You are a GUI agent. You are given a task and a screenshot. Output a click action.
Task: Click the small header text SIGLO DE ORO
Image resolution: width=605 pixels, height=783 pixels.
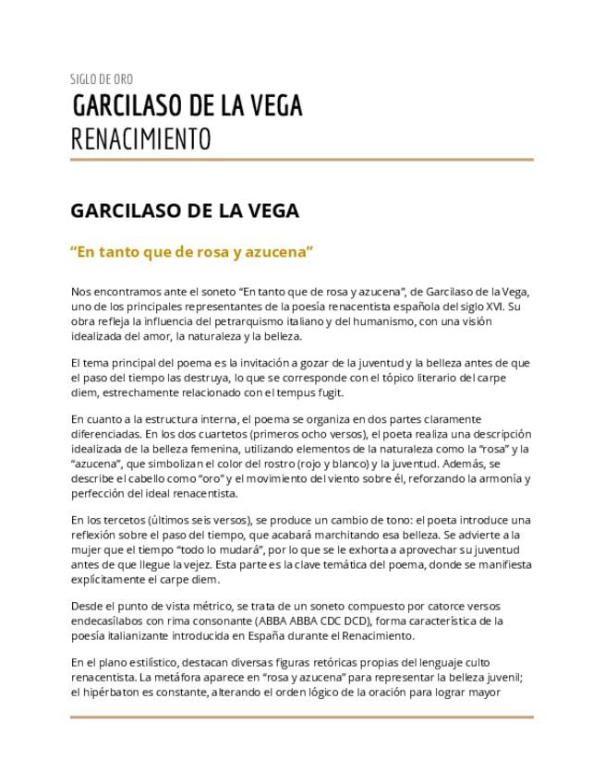click(102, 79)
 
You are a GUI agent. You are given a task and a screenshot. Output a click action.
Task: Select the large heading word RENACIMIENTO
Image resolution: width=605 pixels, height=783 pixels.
click(140, 139)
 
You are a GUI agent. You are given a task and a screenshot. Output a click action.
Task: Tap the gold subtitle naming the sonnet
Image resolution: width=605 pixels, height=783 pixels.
click(193, 250)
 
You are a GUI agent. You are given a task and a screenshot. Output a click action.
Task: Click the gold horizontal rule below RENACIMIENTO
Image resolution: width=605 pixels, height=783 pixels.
click(302, 159)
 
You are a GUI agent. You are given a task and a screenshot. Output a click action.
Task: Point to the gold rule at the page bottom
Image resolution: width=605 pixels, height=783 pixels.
click(302, 717)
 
